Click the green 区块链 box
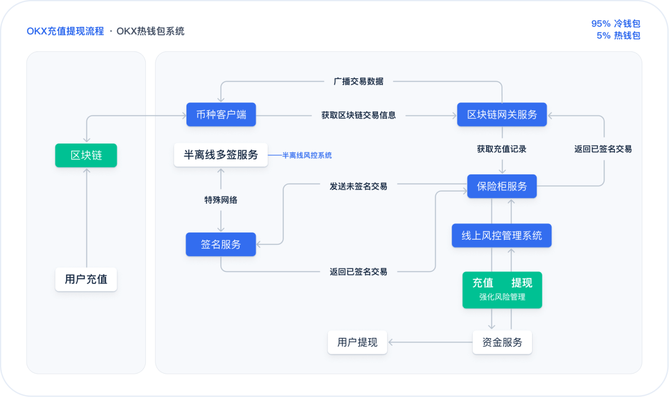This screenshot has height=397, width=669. coord(86,155)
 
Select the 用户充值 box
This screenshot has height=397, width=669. coord(86,279)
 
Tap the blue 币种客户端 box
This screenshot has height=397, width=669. coord(221,115)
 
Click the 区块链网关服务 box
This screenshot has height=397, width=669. coord(502,115)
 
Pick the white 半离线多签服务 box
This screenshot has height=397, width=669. coord(220,155)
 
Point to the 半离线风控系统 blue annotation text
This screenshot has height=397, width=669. coord(307,155)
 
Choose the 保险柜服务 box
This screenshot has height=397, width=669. coord(502,186)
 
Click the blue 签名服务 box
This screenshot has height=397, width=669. coord(220,244)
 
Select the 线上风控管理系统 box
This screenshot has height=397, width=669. coord(502,236)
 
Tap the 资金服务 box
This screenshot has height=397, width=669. coord(502,342)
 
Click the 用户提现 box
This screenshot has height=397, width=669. coord(357,342)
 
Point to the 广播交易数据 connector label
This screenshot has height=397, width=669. coord(358,81)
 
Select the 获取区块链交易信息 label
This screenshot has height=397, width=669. coord(358,115)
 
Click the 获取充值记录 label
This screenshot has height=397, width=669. coord(502,149)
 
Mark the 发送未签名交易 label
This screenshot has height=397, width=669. coord(358,186)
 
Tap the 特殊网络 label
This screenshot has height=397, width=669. coord(220,200)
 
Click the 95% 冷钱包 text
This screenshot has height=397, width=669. coord(615,24)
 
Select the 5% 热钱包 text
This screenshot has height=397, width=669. coord(618,35)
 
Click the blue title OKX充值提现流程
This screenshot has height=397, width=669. coord(65,31)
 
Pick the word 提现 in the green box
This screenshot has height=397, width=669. coord(521,283)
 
